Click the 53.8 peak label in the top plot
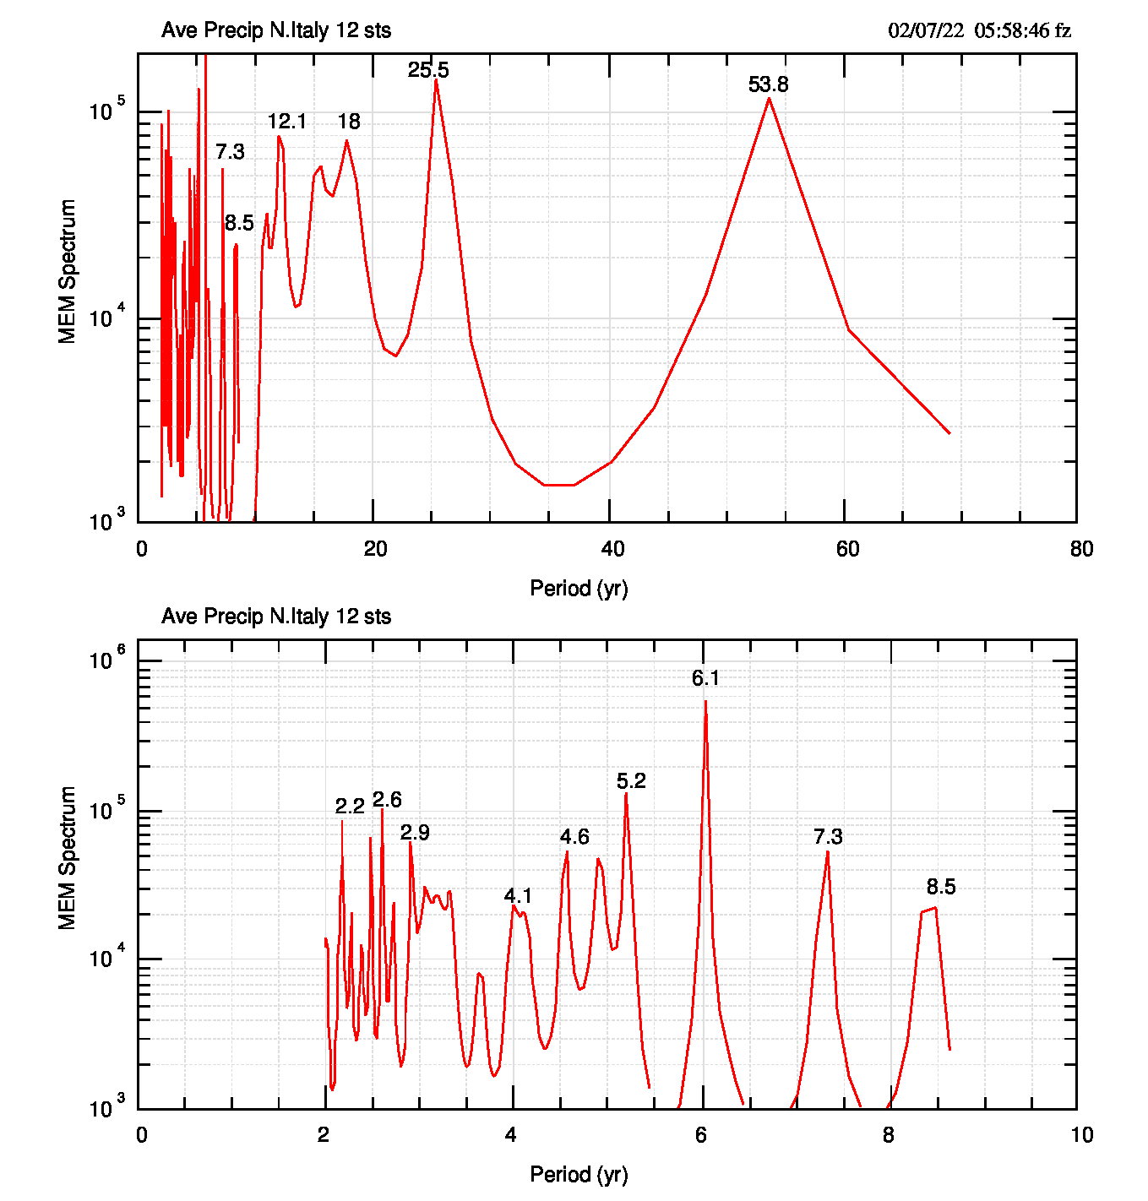click(x=768, y=84)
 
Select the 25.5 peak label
click(x=428, y=70)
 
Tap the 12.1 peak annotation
click(x=286, y=122)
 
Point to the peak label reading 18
click(x=349, y=122)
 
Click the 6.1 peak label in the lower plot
click(x=705, y=678)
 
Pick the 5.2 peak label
click(x=631, y=781)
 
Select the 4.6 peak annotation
click(x=574, y=837)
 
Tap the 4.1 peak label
click(x=518, y=896)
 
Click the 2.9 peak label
click(x=415, y=833)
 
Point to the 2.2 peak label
click(x=350, y=807)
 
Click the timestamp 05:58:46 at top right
click(x=1011, y=31)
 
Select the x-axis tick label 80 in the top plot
click(x=1081, y=549)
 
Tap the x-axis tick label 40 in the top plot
click(x=612, y=549)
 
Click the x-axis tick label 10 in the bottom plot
click(x=1082, y=1135)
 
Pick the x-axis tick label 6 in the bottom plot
click(x=701, y=1135)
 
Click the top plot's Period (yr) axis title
click(x=579, y=589)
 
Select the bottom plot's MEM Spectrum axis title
click(x=68, y=858)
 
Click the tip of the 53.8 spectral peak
click(x=769, y=98)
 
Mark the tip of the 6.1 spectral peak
click(x=705, y=701)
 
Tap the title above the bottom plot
click(x=276, y=617)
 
